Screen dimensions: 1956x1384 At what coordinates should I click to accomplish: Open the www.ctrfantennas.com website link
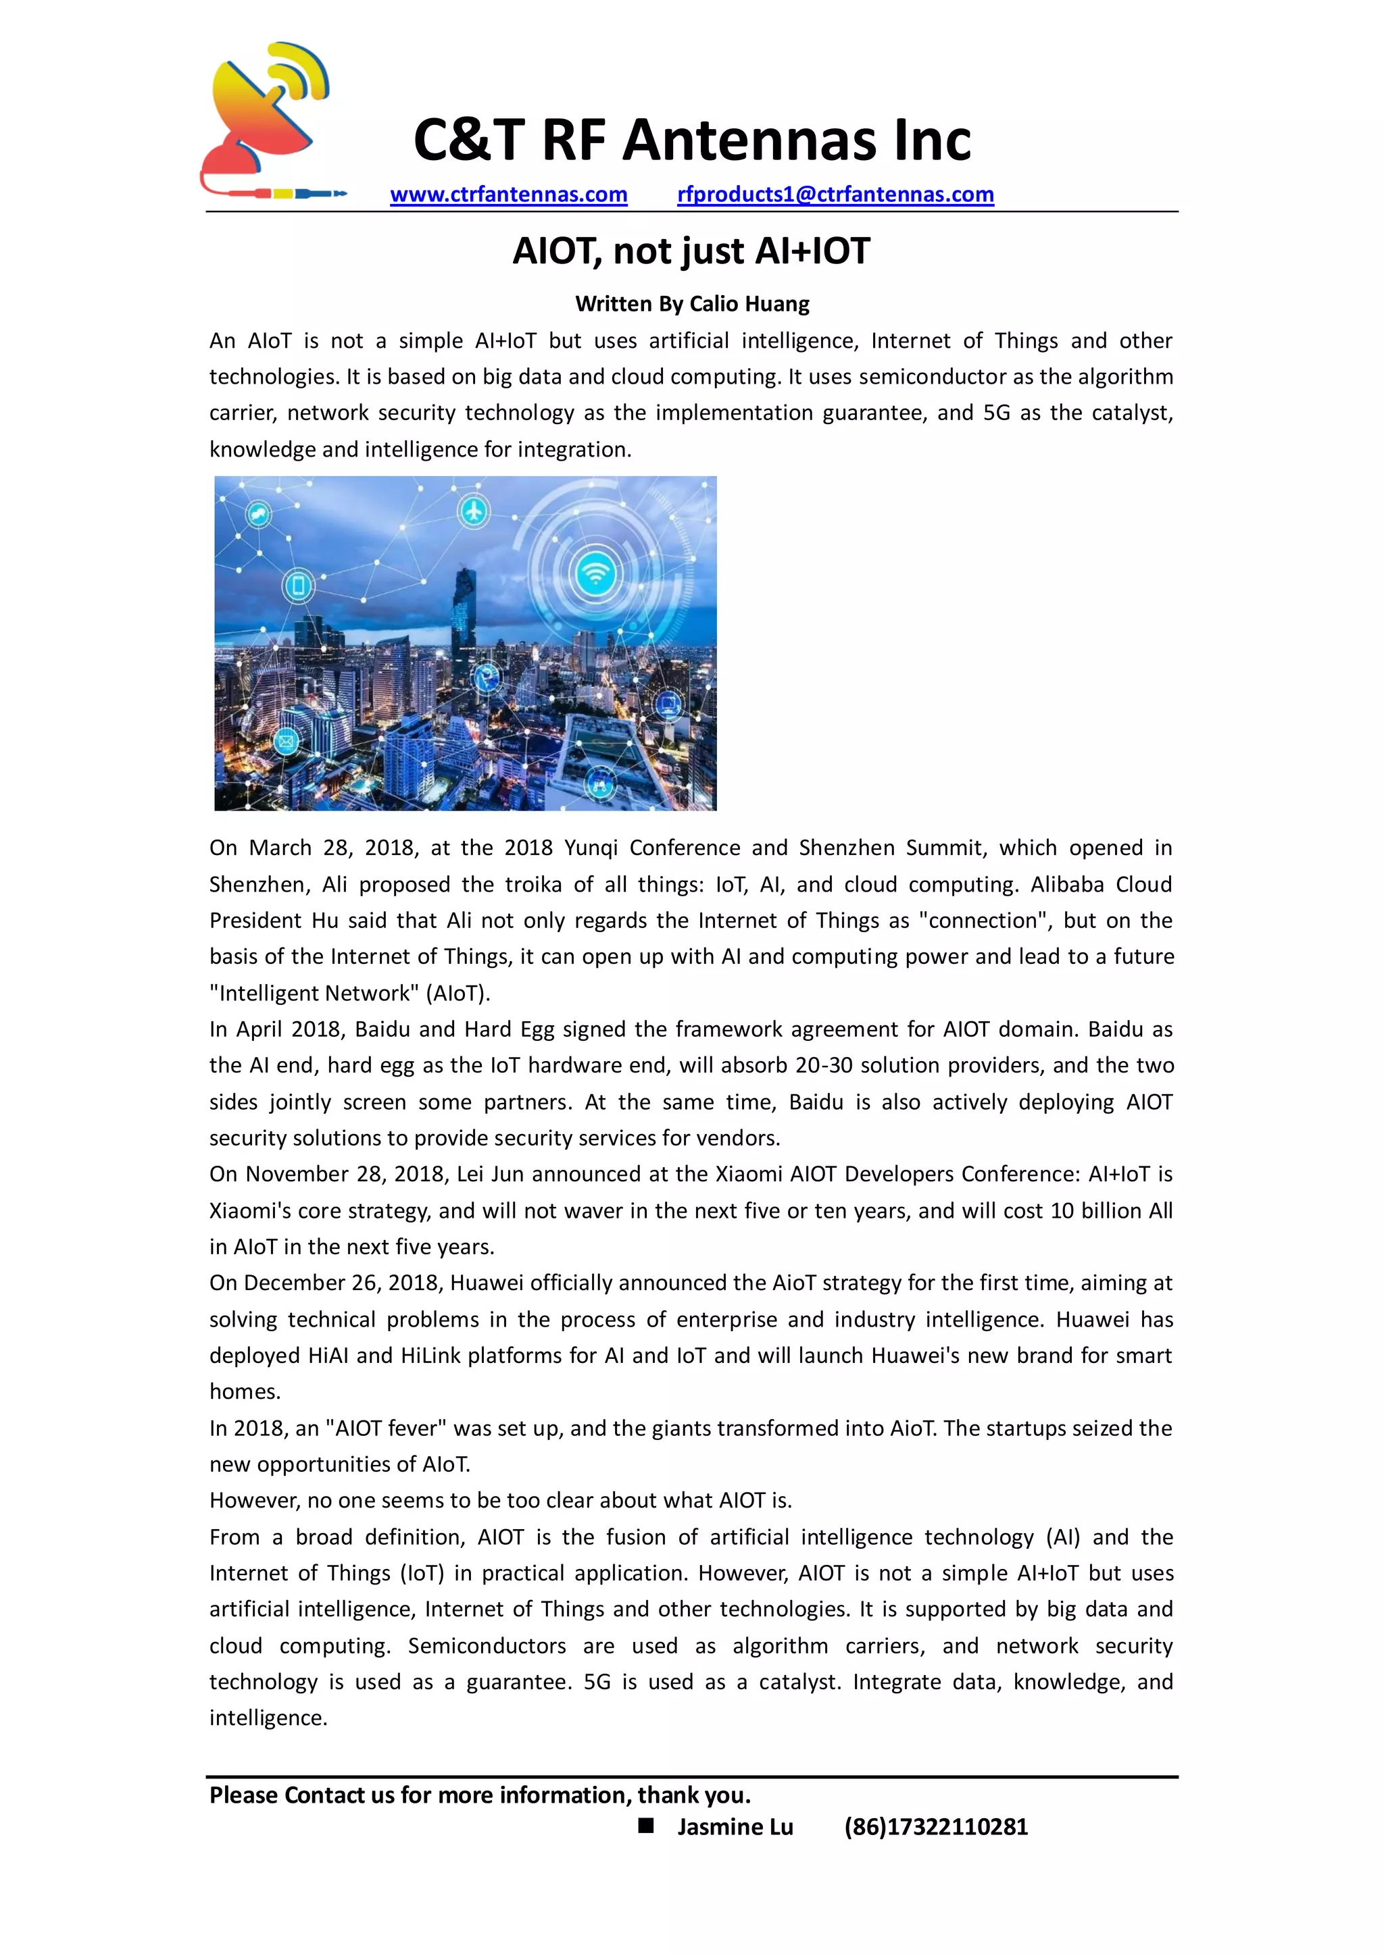point(509,195)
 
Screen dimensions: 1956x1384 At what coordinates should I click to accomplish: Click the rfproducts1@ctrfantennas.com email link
point(835,195)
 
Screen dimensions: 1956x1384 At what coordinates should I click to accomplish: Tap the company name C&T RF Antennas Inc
point(692,140)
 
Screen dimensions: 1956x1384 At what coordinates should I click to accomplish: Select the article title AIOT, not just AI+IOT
point(691,251)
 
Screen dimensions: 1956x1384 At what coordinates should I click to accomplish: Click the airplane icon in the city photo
point(474,511)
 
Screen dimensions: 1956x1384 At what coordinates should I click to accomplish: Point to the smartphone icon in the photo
point(298,586)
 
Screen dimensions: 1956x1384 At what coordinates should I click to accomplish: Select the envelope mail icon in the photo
point(285,740)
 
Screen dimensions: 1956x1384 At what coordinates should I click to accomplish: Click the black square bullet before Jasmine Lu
point(646,1826)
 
